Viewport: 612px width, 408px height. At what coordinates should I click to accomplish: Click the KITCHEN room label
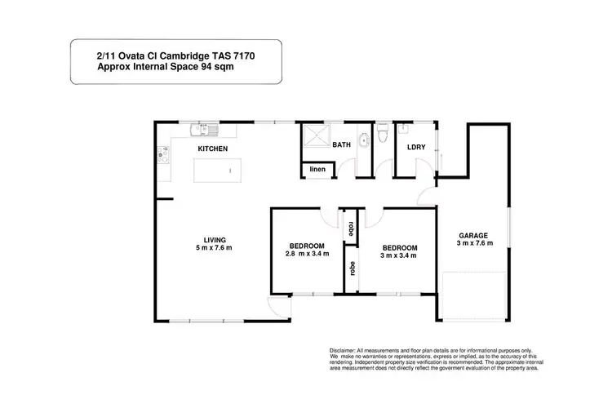tap(212, 149)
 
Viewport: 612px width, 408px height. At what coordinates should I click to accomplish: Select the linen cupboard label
tap(318, 170)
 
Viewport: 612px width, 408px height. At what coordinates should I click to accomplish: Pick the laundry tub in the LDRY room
tap(404, 129)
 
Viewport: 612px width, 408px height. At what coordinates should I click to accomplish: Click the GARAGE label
tap(472, 234)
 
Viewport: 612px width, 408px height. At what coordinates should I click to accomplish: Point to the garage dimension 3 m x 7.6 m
tap(472, 243)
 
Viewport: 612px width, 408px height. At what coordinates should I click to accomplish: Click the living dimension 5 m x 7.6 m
tap(214, 247)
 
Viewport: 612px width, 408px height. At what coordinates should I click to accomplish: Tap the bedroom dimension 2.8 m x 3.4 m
tap(308, 255)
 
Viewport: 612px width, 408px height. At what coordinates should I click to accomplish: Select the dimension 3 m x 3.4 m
tap(400, 255)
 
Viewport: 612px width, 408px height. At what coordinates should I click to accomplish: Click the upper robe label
tap(351, 226)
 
